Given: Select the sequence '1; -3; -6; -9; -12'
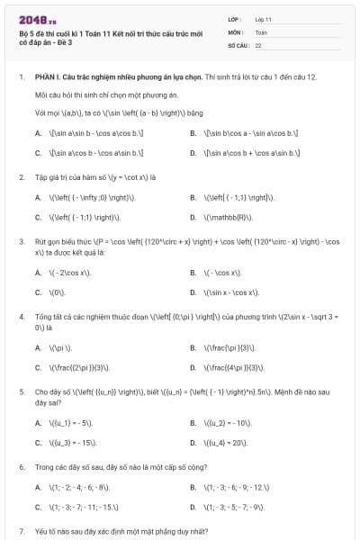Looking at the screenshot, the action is coord(234,487).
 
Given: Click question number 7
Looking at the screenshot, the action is coord(21,532).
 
